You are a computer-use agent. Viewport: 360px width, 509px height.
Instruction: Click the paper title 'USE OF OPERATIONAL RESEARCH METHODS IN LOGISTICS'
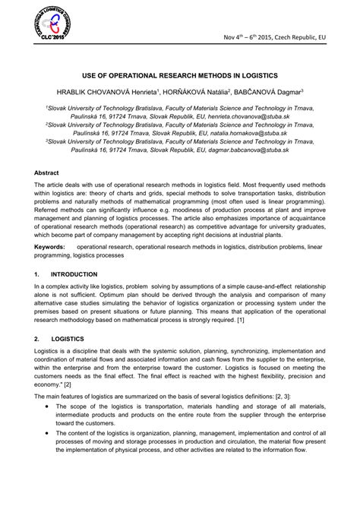click(x=180, y=76)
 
